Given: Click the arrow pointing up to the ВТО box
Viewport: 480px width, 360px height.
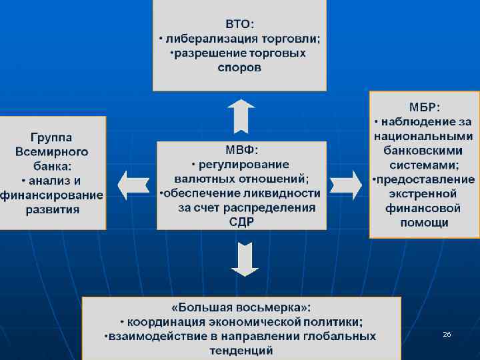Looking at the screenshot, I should tap(240, 116).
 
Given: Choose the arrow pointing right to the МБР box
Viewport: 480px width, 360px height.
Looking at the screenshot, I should tap(345, 183).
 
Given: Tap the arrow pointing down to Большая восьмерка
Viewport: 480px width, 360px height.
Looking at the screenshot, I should tap(245, 259).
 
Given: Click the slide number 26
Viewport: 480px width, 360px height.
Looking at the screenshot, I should tap(447, 333).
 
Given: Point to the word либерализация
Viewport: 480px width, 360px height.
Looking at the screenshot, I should tap(212, 39).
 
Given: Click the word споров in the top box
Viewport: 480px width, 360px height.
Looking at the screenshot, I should tap(239, 68).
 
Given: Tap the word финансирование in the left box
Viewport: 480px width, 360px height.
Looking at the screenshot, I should tap(52, 195).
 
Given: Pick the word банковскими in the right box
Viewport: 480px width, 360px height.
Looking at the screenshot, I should tap(424, 150).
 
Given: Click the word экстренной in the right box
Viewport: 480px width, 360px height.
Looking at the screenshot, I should tap(424, 194).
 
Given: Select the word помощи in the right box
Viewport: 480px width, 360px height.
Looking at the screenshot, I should tap(424, 223).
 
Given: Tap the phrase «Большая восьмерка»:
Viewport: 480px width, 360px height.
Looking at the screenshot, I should tap(241, 307).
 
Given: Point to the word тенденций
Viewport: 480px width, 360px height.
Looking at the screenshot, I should tap(241, 350).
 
